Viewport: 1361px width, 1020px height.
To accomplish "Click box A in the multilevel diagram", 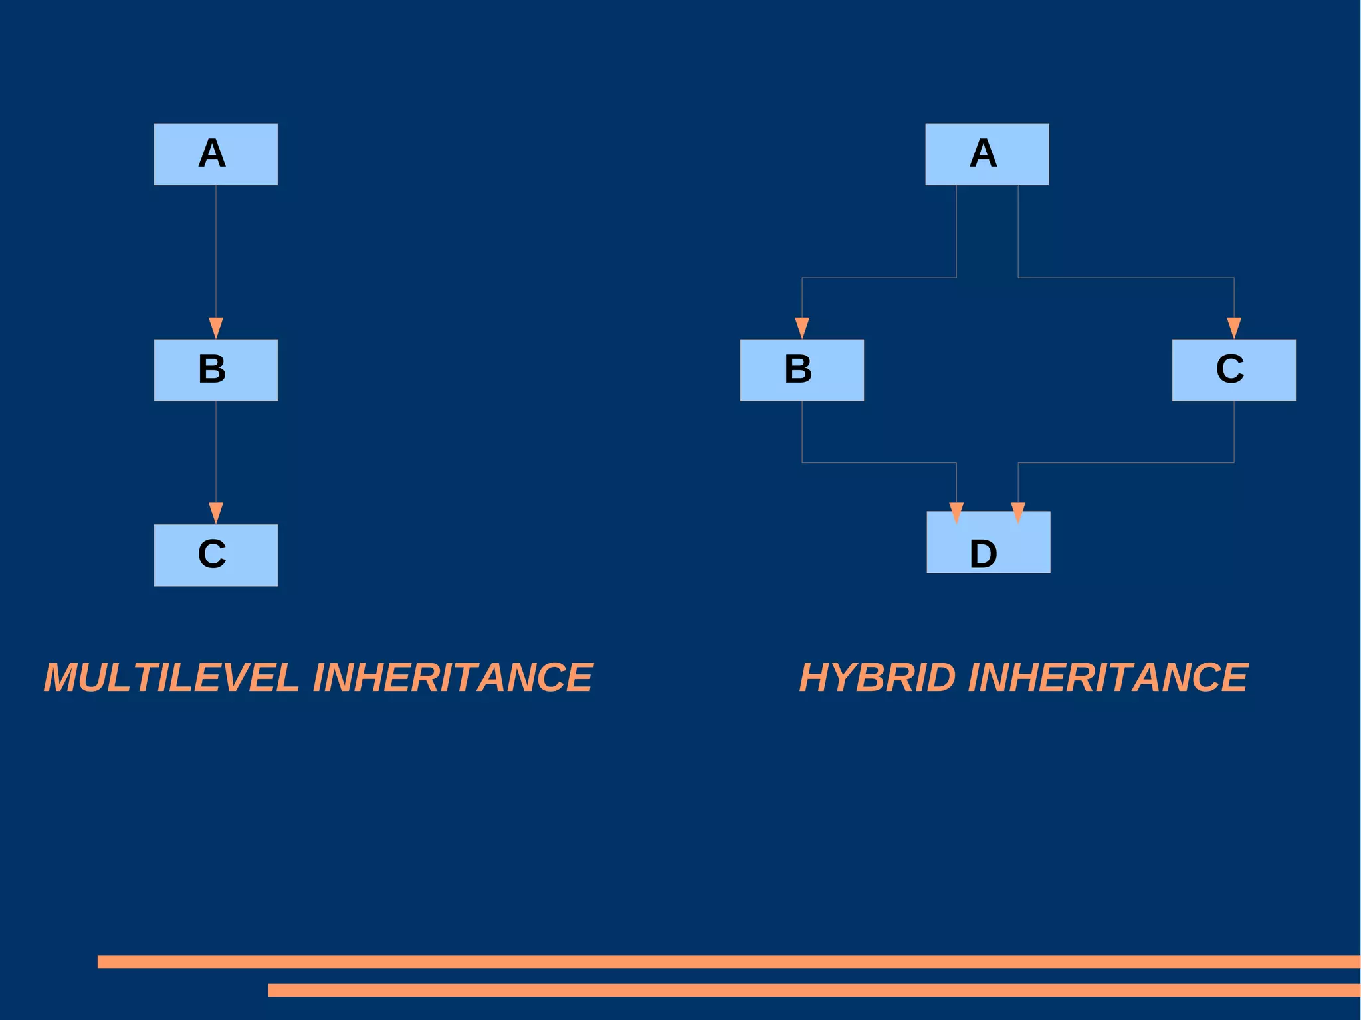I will (215, 154).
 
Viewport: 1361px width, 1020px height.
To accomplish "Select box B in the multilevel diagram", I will (215, 370).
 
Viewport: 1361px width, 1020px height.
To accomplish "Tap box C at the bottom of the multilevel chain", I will (215, 555).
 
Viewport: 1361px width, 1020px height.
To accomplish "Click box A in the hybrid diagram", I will (987, 154).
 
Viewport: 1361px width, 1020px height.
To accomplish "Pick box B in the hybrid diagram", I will (801, 370).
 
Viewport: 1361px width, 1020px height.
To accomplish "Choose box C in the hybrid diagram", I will (1233, 370).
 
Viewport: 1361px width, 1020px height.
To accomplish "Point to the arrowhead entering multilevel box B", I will (215, 327).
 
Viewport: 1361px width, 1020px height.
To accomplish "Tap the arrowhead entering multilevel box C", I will (215, 512).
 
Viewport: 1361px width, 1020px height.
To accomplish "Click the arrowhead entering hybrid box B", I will (802, 327).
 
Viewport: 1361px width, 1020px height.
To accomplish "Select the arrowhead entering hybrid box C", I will (1234, 327).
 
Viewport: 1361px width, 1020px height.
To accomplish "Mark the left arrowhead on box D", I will (956, 512).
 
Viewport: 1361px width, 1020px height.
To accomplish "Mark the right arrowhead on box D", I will (1018, 512).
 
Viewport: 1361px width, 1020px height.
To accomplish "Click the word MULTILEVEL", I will (171, 678).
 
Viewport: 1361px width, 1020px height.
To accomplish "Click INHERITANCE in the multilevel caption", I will (452, 678).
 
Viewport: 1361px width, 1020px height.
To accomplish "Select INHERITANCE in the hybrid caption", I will (1108, 678).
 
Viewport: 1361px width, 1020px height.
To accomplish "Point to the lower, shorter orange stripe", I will (813, 990).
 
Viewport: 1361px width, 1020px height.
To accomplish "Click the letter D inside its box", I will (983, 554).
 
